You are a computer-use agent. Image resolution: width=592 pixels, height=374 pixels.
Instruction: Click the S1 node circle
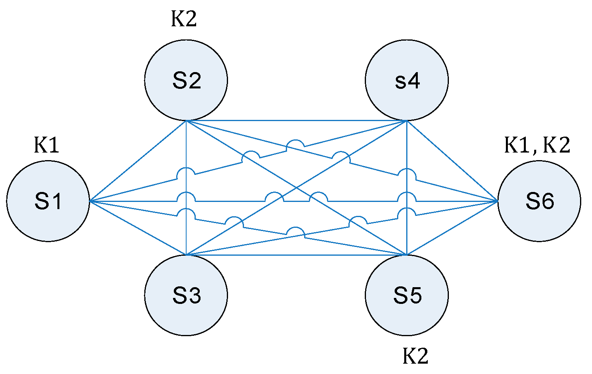click(48, 201)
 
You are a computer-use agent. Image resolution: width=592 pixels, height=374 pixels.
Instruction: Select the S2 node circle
click(186, 80)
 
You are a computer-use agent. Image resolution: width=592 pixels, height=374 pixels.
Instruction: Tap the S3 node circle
click(186, 295)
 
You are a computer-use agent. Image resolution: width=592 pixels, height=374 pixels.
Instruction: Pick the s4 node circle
click(407, 80)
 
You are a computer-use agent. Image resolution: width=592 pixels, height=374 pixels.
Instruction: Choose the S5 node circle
click(407, 295)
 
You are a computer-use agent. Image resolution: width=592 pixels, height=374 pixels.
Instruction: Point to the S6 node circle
click(539, 201)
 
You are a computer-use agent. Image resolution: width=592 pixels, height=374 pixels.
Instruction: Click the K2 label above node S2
click(184, 19)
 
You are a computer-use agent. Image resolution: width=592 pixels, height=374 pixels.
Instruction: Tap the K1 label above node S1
click(46, 145)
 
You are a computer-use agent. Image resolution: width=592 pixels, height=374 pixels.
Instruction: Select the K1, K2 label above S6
click(537, 145)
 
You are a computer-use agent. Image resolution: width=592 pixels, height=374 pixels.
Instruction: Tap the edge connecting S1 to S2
click(138, 161)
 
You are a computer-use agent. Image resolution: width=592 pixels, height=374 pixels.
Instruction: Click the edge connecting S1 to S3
click(138, 228)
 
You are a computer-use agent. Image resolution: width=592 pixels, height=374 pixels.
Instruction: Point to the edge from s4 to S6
click(452, 161)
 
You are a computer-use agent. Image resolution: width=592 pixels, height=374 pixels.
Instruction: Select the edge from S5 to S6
click(452, 228)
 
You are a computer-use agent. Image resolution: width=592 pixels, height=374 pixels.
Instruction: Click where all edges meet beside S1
click(90, 201)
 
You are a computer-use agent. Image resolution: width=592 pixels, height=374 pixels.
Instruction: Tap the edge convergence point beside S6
click(497, 201)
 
